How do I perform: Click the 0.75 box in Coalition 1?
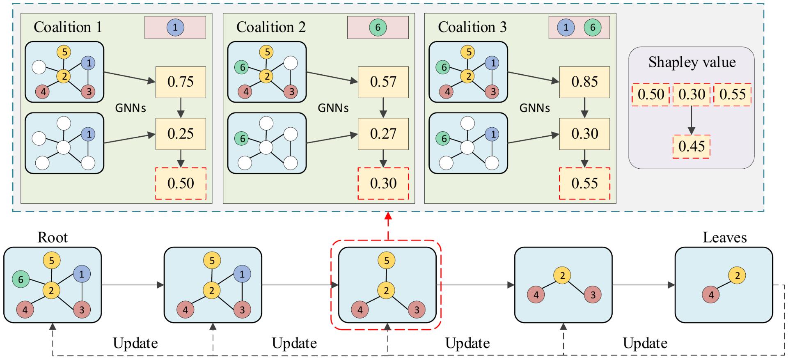[181, 82]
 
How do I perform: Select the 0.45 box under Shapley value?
[692, 147]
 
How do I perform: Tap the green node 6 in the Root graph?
[21, 280]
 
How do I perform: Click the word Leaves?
[724, 237]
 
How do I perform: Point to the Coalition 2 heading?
[271, 27]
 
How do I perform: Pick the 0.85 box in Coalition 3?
[584, 82]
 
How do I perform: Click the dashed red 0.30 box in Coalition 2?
[383, 183]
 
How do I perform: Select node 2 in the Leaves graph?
[737, 275]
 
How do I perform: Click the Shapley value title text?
[692, 62]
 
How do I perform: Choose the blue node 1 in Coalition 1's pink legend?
[175, 28]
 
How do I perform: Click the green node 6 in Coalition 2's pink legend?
[378, 28]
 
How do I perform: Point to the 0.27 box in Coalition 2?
[383, 134]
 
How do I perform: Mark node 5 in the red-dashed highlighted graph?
[386, 260]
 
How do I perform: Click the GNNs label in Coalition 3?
[534, 108]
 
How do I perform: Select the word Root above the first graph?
[53, 237]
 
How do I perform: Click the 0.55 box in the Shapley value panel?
[732, 95]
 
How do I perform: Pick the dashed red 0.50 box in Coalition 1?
[181, 183]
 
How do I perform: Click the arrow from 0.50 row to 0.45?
[692, 121]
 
